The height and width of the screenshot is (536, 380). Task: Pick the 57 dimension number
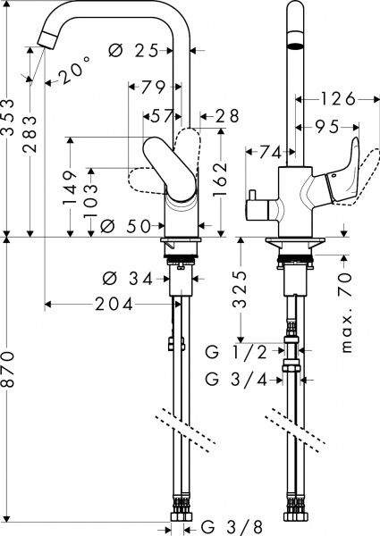(162, 115)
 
